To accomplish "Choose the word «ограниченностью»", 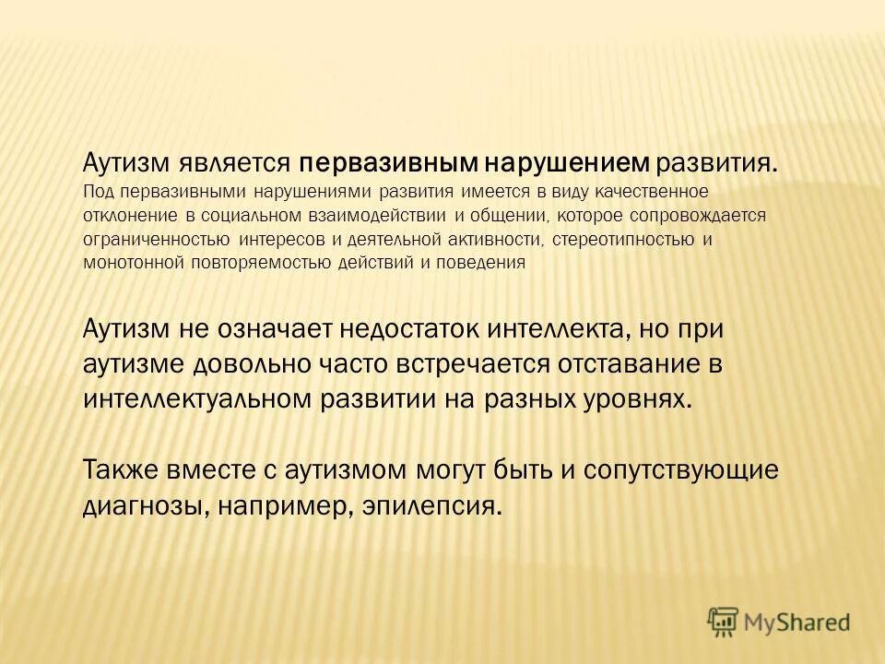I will (156, 240).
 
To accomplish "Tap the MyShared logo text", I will (797, 622).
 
